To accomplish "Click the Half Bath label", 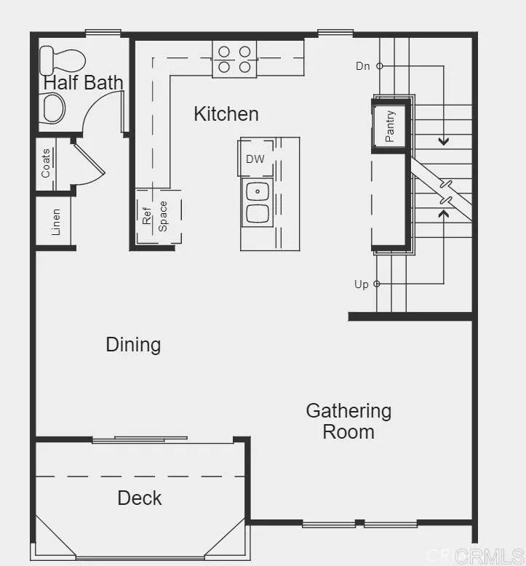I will [x=83, y=82].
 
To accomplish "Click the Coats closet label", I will [x=46, y=164].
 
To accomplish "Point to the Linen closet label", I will [x=55, y=223].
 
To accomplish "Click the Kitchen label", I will [x=226, y=114].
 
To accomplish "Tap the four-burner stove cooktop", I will [x=234, y=59].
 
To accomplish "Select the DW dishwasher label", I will [x=255, y=159].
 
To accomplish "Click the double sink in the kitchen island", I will [x=257, y=202].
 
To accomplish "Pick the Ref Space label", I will [x=154, y=215].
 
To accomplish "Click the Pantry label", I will [x=391, y=126].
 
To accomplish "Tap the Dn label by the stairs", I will [x=363, y=66].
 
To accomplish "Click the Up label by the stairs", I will [x=362, y=284].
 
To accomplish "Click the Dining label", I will [x=133, y=344].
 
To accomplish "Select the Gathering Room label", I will [x=348, y=421].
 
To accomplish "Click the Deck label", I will [x=140, y=498].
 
